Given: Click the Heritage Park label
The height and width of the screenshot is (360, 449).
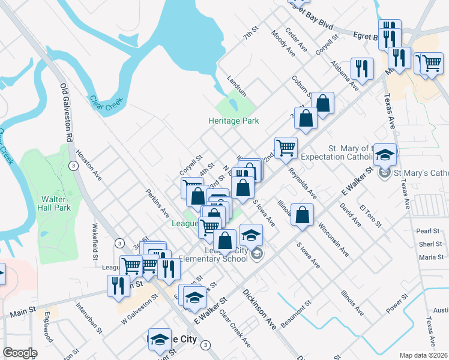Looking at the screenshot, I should [234, 121].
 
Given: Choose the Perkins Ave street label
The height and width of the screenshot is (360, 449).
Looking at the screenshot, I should [157, 204].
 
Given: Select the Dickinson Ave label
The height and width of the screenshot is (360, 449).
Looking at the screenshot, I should [259, 308].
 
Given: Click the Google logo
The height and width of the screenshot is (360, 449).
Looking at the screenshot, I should [20, 353].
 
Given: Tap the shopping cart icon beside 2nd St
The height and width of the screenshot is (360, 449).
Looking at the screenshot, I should [286, 146].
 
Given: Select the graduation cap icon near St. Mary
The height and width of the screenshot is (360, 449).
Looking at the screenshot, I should [384, 155].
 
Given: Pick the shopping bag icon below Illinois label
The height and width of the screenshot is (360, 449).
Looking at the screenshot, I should [303, 214].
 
